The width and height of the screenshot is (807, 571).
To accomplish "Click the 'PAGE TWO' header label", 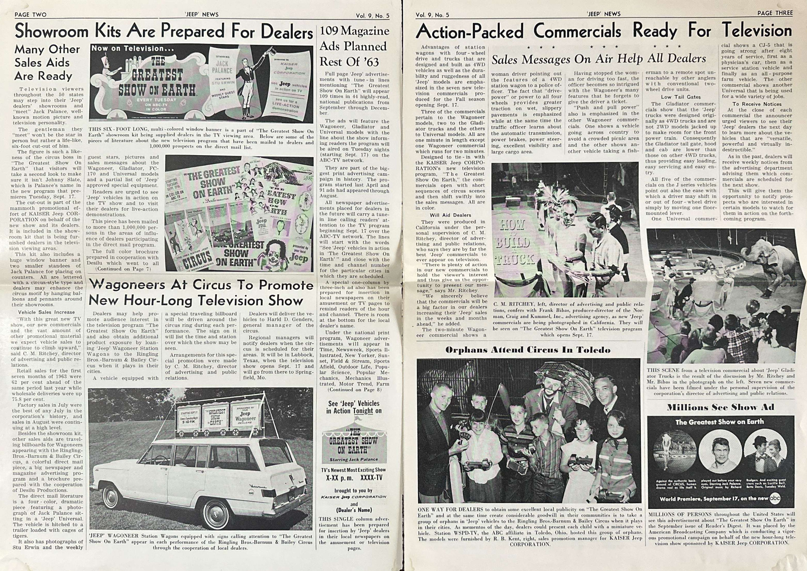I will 30,15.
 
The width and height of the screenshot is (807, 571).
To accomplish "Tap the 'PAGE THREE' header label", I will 775,13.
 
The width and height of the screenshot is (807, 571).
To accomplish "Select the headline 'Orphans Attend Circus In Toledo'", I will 528,350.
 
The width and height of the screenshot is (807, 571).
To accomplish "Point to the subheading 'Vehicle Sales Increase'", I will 46,312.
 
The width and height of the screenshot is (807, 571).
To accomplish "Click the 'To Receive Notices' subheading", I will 757,104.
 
